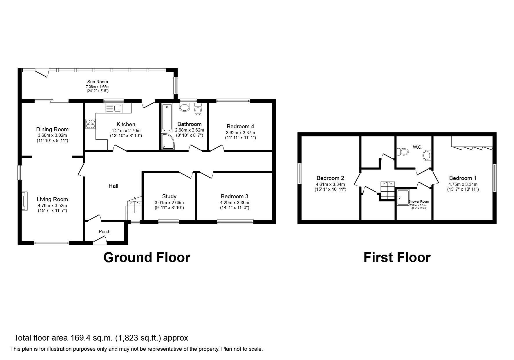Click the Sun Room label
point(98,82)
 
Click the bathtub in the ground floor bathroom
point(167,118)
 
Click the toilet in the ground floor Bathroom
point(198,109)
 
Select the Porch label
point(104,232)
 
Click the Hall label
point(113,186)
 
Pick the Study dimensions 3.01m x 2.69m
point(169,203)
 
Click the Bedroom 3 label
point(235,196)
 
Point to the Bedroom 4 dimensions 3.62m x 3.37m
point(240,133)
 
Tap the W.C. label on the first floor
point(417,147)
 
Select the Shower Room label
point(419,201)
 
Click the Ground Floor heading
point(147,258)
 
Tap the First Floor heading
point(397,258)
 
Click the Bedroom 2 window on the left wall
point(299,173)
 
